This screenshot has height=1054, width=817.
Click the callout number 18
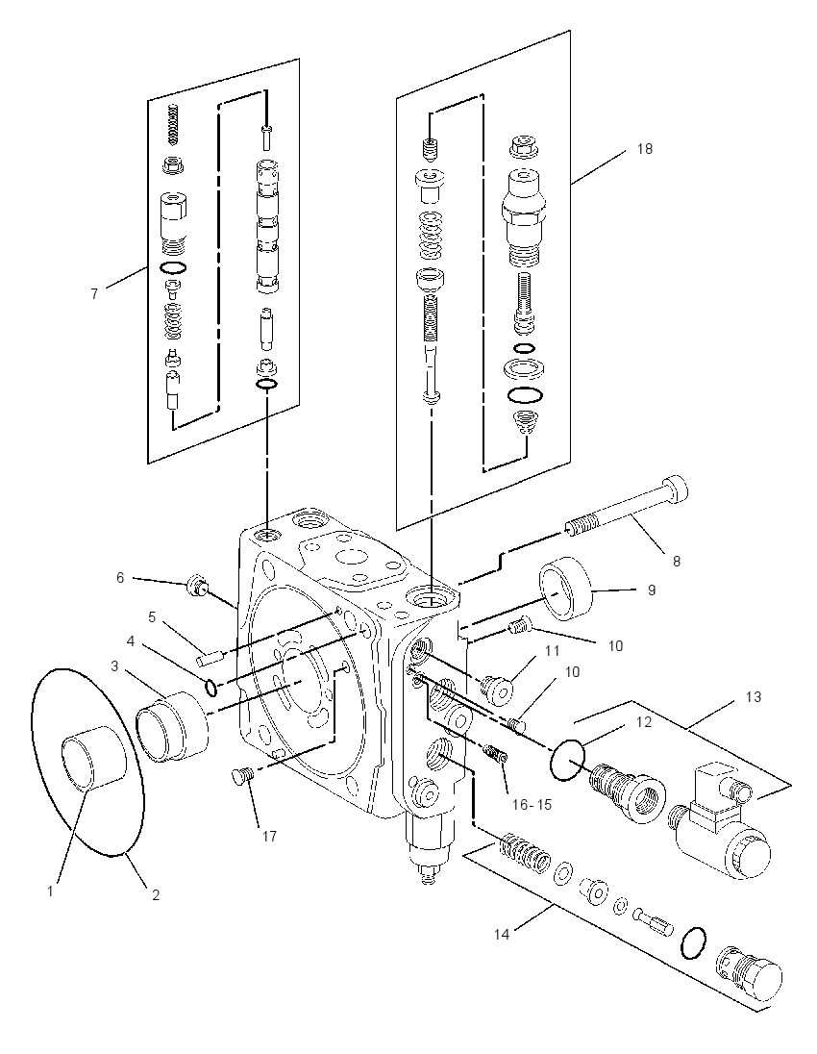point(644,148)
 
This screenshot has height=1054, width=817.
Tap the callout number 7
point(94,293)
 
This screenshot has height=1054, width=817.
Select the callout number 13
point(754,697)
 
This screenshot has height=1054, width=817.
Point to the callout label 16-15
point(532,804)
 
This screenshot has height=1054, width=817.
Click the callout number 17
point(269,837)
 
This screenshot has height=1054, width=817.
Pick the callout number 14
point(502,934)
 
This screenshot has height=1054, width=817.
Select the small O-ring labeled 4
point(210,688)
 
